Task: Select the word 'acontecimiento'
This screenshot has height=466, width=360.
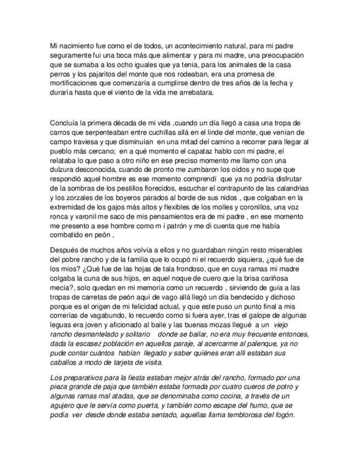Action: tap(196, 45)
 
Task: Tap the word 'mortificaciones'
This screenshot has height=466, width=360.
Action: tap(75, 84)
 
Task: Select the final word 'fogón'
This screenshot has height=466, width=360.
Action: tap(284, 415)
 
